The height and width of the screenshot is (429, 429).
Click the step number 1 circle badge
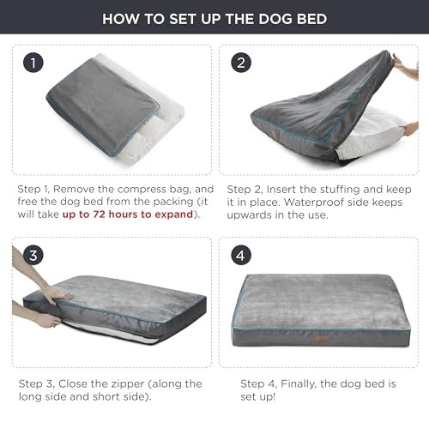(x=33, y=63)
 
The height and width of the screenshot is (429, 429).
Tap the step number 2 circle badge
(x=241, y=63)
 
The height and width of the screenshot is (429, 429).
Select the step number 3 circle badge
(x=33, y=255)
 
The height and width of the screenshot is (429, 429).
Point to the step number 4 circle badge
(x=241, y=255)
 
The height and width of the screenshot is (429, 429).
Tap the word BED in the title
(x=311, y=19)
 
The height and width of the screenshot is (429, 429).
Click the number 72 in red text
(x=99, y=214)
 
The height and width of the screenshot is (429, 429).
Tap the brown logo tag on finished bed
(x=320, y=340)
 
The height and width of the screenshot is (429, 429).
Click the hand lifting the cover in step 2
(x=405, y=66)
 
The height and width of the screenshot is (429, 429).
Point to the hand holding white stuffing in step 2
(x=409, y=128)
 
